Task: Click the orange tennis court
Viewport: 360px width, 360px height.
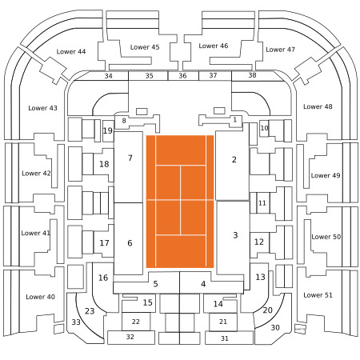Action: coord(180,202)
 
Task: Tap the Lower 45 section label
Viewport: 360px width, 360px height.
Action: coord(145,47)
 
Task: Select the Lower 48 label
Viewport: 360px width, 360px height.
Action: coord(318,106)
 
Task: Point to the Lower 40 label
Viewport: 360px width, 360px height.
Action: coord(40,297)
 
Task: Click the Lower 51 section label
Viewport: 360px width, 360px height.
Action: coord(318,295)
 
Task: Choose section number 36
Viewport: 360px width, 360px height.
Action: coord(182,76)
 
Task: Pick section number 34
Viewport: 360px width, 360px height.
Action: coord(108,76)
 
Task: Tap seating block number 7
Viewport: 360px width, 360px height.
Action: coord(130,158)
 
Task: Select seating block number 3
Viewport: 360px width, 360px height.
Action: coord(235,235)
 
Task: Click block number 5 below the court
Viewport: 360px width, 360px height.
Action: coord(155,284)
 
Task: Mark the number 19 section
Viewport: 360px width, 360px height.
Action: coord(108,130)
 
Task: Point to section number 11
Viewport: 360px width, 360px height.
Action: coord(262,203)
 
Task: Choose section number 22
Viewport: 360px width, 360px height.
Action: coord(136,322)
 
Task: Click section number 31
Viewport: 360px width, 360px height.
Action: coord(225,338)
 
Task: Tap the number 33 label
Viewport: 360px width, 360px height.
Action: coord(76,322)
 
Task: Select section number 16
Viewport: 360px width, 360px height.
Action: coord(103,278)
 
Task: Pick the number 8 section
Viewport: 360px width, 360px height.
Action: coord(124,121)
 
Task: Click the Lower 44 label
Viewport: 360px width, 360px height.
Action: coord(71,52)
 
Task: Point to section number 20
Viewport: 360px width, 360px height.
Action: coord(267,310)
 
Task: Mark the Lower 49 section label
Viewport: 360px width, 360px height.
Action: coord(326,175)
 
